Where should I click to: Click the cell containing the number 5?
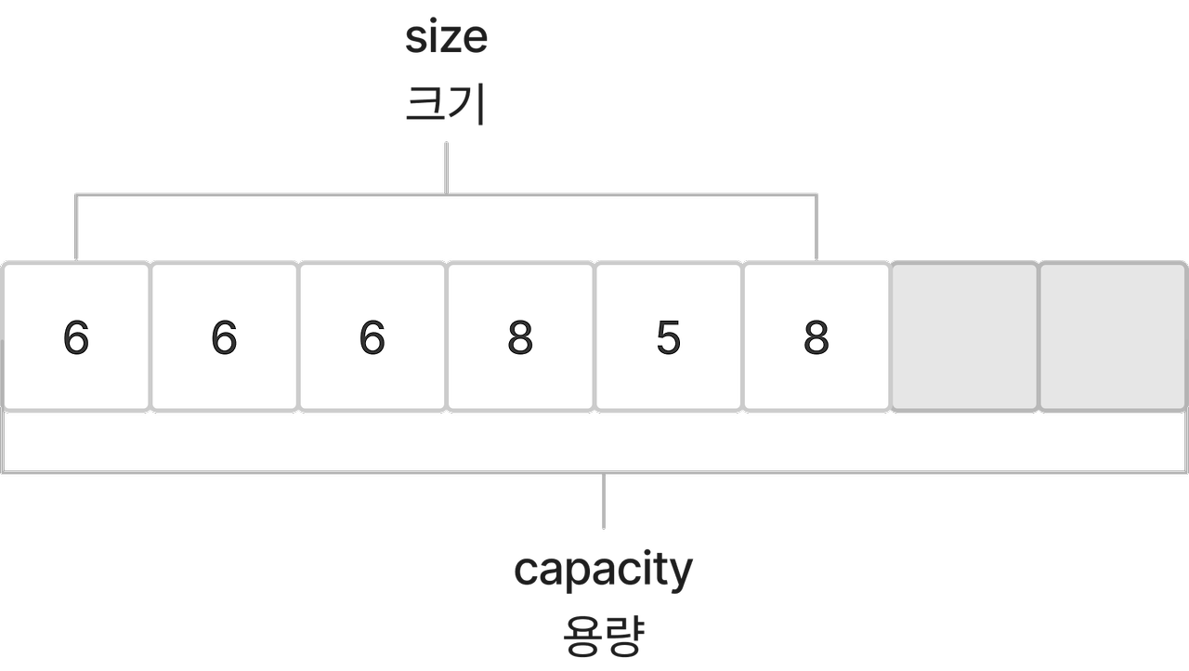pos(668,336)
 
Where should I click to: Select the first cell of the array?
pos(75,336)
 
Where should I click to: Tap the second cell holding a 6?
pos(224,336)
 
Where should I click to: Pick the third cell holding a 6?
pos(372,336)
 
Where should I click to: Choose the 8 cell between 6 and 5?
pos(520,336)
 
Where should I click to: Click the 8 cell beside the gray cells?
pos(816,336)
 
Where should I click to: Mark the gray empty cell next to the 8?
pos(964,336)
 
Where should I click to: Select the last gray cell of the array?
pos(1113,336)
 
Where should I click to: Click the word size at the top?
pos(446,38)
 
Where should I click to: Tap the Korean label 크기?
pos(446,104)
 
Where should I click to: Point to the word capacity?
pos(603,570)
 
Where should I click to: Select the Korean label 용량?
pos(603,636)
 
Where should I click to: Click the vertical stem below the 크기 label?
pos(447,167)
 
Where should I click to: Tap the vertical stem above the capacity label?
pos(604,502)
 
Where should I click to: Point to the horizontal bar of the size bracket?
pos(279,195)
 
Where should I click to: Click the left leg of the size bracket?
pos(76,228)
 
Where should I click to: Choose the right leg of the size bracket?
pos(817,228)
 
